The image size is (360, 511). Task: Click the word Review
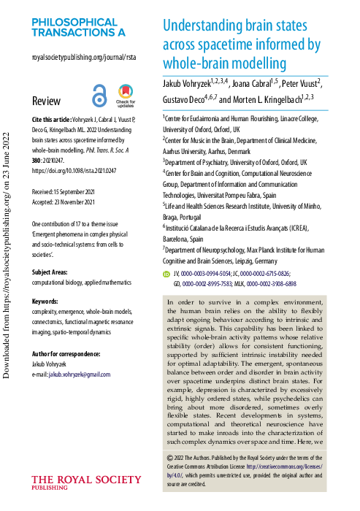(x=47, y=101)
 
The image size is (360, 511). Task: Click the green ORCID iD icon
(x=166, y=274)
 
